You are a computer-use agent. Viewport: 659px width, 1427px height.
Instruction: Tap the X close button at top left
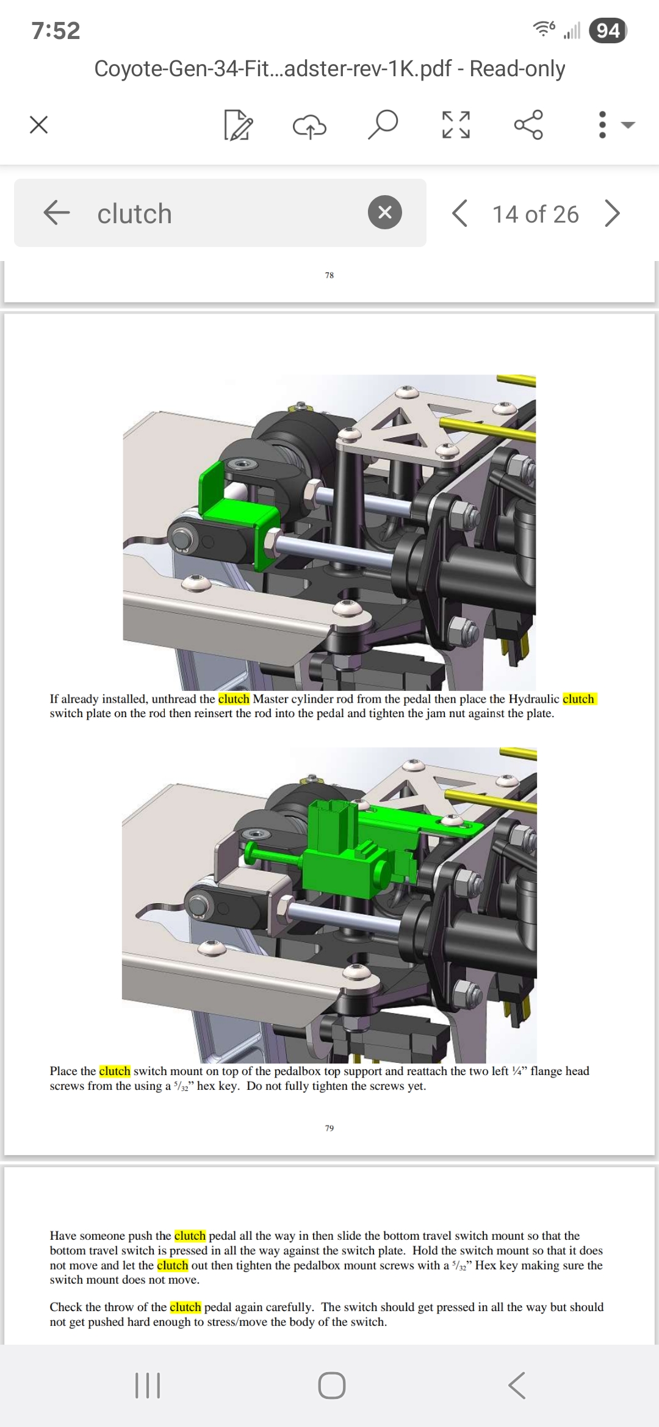[38, 125]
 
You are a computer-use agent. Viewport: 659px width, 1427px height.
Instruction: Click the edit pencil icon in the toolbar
[238, 125]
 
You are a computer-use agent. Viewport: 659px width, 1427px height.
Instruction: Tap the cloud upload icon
[310, 126]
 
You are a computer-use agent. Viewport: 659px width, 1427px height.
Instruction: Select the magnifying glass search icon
[383, 124]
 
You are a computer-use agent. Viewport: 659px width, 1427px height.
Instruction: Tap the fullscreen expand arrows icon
[456, 125]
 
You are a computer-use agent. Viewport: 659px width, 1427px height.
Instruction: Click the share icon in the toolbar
[528, 124]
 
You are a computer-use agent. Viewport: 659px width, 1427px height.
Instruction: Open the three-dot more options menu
[602, 124]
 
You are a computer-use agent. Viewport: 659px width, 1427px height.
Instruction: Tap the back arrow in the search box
[57, 213]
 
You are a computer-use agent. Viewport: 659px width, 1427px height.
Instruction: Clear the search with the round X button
[385, 212]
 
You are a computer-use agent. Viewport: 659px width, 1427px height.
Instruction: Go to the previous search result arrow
[460, 213]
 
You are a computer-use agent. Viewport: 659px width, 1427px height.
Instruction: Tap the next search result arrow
[612, 213]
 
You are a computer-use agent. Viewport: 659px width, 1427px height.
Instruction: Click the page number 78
[329, 275]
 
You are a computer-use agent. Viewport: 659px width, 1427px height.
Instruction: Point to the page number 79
[329, 1128]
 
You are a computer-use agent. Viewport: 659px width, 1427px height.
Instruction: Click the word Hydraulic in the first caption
[534, 699]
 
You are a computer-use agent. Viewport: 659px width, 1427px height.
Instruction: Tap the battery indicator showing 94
[608, 30]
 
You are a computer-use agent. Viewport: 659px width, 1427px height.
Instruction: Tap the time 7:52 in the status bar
[56, 30]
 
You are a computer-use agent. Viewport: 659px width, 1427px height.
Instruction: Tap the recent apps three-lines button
[147, 1385]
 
